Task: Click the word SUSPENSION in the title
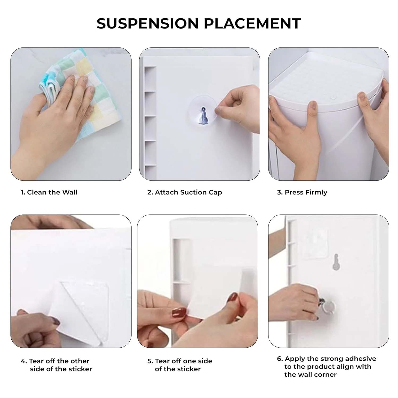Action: tap(147, 23)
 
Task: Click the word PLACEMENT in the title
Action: tap(252, 23)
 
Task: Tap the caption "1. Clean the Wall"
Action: tap(49, 192)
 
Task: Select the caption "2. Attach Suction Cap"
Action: tap(185, 192)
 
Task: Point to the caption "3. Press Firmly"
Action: tap(302, 192)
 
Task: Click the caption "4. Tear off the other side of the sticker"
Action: tap(56, 365)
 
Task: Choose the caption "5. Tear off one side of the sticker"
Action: tap(180, 365)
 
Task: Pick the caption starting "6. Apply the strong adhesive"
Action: tap(327, 366)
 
